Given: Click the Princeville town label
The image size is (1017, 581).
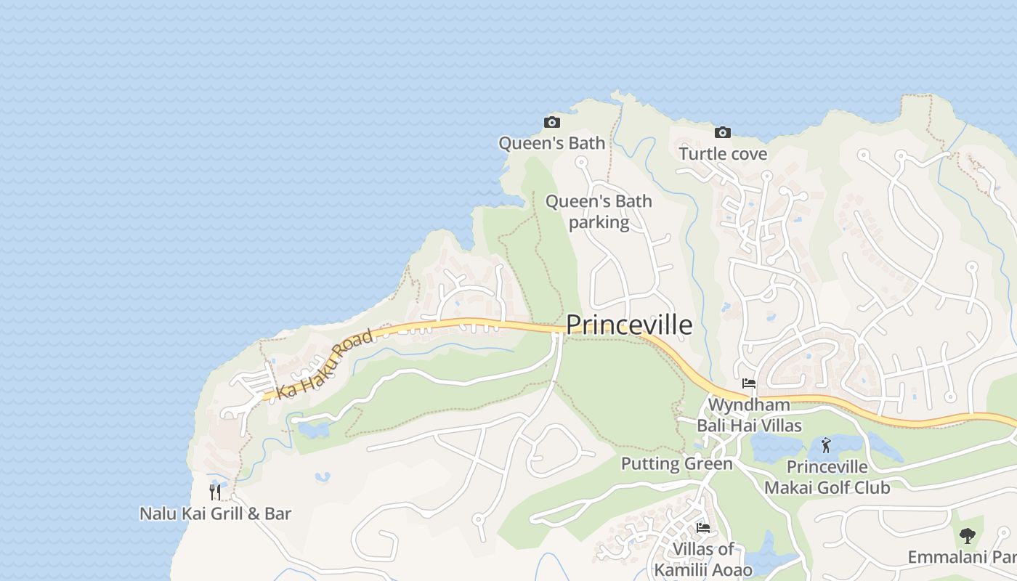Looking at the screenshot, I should point(628,325).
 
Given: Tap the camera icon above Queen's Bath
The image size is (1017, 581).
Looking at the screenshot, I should point(552,122).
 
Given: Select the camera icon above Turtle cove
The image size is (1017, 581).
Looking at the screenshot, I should point(722,132).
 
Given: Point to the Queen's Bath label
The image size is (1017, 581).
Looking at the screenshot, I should point(551,143).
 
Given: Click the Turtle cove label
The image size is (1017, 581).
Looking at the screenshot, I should point(723,154).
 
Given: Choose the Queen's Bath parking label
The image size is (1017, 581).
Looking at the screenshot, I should point(599,211).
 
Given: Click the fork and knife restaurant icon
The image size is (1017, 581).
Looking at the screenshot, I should point(215,492).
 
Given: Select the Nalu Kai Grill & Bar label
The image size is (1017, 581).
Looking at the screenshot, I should point(215,513).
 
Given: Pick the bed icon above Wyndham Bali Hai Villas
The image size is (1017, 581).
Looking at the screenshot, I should point(749,383).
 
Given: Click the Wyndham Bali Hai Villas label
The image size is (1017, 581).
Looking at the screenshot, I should point(749,415).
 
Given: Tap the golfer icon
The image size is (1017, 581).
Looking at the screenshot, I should point(826,445).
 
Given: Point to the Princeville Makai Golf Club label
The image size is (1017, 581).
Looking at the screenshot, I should point(827,477).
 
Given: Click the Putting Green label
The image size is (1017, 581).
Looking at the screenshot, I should point(676,463).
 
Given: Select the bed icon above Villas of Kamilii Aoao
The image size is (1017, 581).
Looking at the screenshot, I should point(702,527).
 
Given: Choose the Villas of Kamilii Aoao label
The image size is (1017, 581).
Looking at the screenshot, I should point(703,559).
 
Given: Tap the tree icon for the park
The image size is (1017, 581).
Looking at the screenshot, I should point(967,536).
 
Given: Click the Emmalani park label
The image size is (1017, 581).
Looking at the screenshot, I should point(962,557).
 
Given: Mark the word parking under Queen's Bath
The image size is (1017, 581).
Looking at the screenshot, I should point(599,222).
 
